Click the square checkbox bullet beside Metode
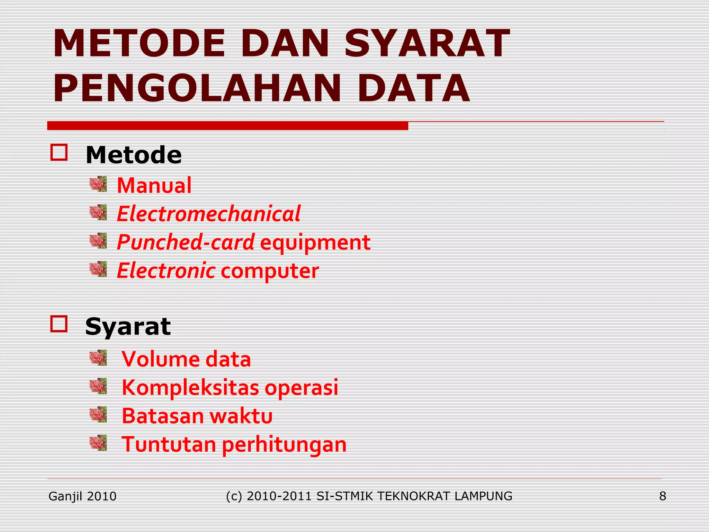pos(59,152)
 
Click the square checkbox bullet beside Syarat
pos(59,324)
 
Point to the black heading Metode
pos(134,155)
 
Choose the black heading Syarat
pos(128,326)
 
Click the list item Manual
pos(154,185)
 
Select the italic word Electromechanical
pos(209,214)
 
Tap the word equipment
pos(315,242)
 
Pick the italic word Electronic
pos(166,271)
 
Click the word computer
pos(270,271)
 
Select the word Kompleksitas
pos(190,388)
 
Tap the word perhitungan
pos(284,445)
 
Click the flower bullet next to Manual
pos(98,184)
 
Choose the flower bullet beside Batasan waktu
pos(98,415)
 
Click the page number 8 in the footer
pos(663,496)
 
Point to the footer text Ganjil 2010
pos(82,496)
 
